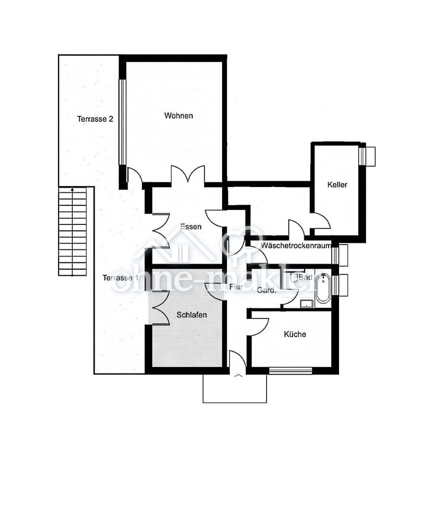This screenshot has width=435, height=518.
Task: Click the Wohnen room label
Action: point(178,116)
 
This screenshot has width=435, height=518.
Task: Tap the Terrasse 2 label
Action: point(95,119)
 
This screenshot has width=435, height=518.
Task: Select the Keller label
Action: point(337,185)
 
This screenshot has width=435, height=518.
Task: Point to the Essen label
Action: point(191,226)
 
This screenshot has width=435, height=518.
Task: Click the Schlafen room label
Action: point(191,315)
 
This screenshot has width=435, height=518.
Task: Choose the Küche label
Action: point(295,334)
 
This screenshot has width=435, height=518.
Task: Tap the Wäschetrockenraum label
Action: point(296,246)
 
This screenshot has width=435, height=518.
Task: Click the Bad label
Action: point(306,277)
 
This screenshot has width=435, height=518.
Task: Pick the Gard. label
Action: point(267,290)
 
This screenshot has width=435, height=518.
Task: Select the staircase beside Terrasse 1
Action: point(72,231)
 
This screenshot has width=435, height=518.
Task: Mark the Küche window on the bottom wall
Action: point(291,371)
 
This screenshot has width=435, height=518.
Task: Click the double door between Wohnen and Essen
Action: point(188,175)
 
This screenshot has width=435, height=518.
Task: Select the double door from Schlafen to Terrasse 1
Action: point(161,308)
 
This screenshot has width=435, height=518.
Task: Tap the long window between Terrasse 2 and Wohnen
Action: point(123,122)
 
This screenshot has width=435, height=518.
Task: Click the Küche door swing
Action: point(259,327)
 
